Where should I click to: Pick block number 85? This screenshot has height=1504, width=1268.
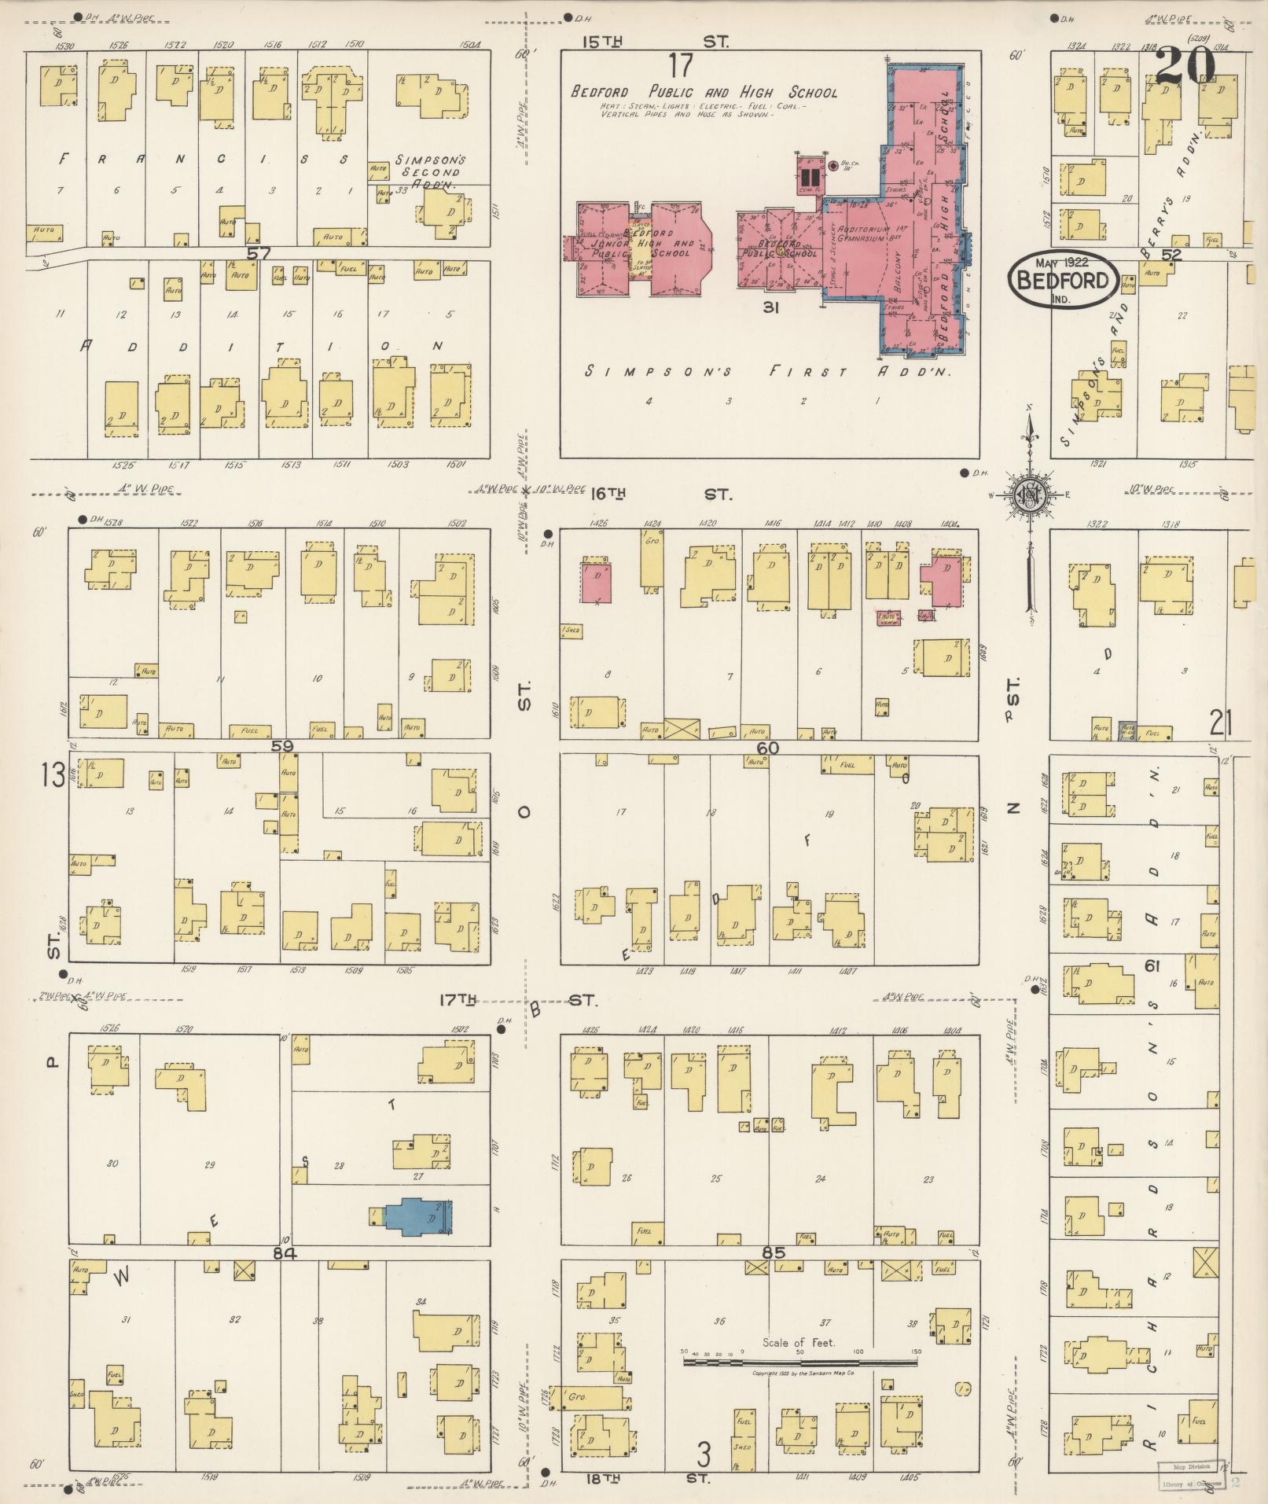774,1252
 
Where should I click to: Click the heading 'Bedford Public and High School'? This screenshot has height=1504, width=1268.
704,92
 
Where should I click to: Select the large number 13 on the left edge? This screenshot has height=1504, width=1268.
53,776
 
